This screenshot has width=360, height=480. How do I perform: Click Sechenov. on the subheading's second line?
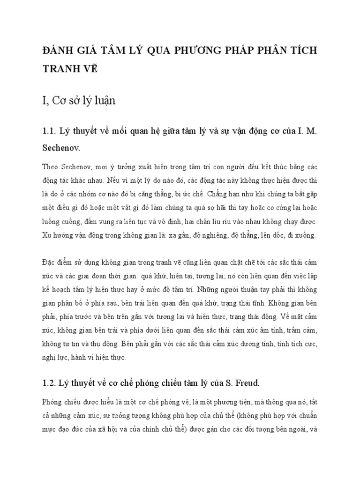click(61, 148)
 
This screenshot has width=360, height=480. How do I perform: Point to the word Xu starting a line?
click(46, 235)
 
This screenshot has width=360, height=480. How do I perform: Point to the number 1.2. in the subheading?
click(51, 370)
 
